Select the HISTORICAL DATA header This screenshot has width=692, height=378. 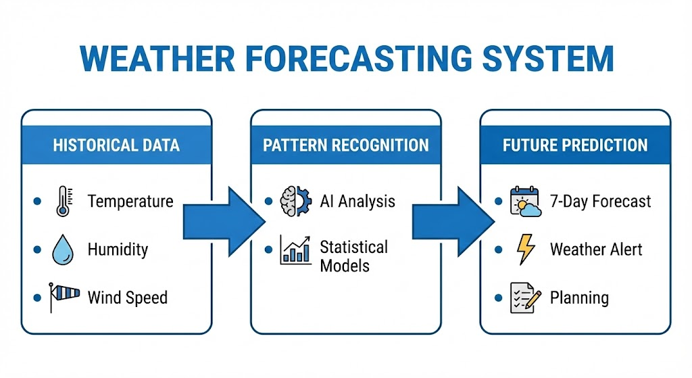(x=116, y=145)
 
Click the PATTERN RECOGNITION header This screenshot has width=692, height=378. (x=345, y=145)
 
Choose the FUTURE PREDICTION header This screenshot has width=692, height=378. (x=575, y=145)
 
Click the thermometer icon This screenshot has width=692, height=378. (x=61, y=202)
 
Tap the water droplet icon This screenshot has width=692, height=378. (x=61, y=250)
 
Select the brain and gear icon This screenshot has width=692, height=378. (x=295, y=201)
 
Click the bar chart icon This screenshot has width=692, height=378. (x=295, y=250)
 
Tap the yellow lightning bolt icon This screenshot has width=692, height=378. (x=524, y=250)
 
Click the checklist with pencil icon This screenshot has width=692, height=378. (x=525, y=298)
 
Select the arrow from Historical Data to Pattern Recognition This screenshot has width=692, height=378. (x=223, y=218)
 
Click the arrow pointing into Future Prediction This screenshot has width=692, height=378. (x=451, y=218)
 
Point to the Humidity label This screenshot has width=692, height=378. (x=117, y=250)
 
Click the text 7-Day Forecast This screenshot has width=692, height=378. (x=601, y=202)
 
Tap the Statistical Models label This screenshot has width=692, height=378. (x=353, y=256)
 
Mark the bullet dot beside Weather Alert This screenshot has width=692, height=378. (x=498, y=250)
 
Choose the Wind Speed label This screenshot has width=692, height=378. (x=127, y=298)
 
